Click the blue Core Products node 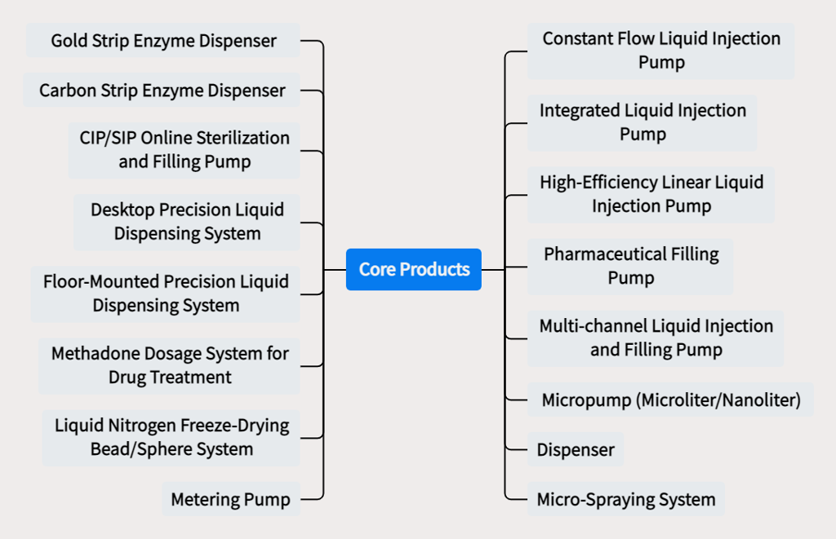[414, 269]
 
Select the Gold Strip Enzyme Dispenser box [163, 41]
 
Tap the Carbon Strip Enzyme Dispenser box [162, 90]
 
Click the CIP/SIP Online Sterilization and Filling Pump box [185, 150]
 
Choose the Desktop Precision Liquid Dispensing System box [187, 222]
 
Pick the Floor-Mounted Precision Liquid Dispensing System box [166, 294]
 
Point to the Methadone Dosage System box [170, 365]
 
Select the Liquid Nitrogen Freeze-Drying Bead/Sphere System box [171, 437]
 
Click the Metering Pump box [231, 500]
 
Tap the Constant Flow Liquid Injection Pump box [660, 51]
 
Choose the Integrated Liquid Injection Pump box [643, 122]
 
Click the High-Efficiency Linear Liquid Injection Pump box [651, 194]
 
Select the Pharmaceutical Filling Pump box [631, 266]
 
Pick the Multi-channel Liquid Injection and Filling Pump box [656, 338]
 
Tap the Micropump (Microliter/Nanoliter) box [671, 400]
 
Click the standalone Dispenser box [576, 449]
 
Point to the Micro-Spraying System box [625, 500]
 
